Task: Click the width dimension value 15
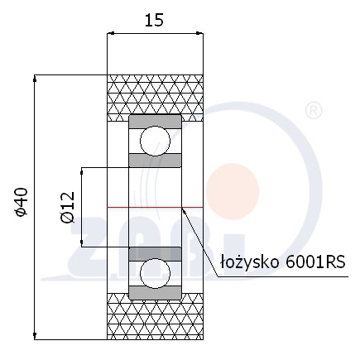(x=154, y=20)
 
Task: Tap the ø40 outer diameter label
(x=22, y=202)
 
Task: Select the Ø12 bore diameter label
(x=68, y=207)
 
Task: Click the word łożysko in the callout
(x=249, y=262)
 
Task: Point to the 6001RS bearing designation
(x=315, y=262)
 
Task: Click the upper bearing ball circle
(x=155, y=141)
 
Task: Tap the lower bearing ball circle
(x=155, y=273)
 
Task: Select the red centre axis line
(x=155, y=207)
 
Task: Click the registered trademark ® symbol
(x=314, y=111)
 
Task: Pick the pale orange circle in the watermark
(x=233, y=191)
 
